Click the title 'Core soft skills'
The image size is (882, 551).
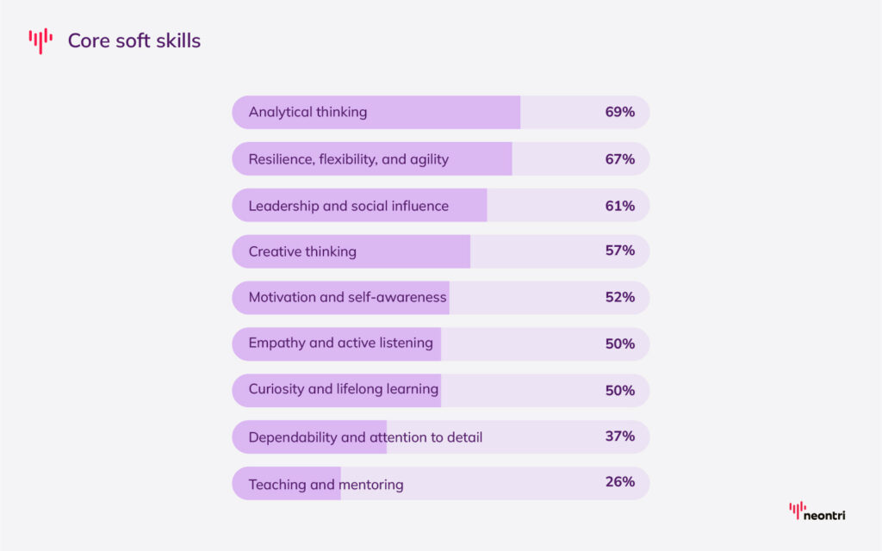click(x=134, y=40)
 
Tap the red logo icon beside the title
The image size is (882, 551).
click(x=40, y=40)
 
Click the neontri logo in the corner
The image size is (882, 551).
click(x=817, y=513)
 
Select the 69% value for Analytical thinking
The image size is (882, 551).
click(x=619, y=112)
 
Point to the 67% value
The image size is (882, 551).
click(x=619, y=159)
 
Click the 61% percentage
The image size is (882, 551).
click(x=619, y=206)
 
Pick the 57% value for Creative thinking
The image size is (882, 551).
click(x=619, y=251)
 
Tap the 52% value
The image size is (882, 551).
click(x=619, y=297)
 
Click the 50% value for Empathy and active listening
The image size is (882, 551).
click(x=619, y=344)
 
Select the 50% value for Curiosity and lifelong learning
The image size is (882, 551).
click(x=619, y=390)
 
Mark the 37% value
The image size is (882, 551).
click(x=619, y=436)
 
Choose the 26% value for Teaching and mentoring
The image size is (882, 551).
click(x=619, y=481)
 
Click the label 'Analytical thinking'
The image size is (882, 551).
click(x=307, y=112)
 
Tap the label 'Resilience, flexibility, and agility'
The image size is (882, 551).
click(x=348, y=159)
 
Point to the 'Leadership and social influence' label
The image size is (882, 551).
click(x=348, y=206)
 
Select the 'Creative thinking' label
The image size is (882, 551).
click(x=302, y=251)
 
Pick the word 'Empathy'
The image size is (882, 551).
click(x=276, y=343)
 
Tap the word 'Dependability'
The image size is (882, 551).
click(x=293, y=437)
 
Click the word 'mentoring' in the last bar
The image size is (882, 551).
click(x=371, y=485)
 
